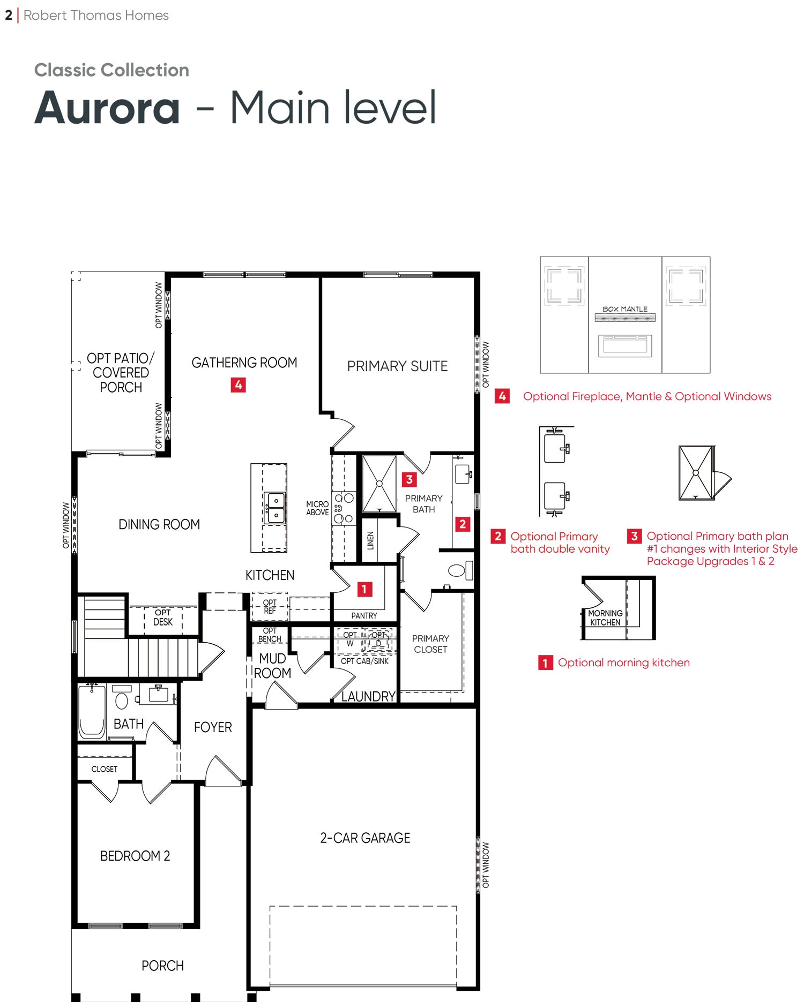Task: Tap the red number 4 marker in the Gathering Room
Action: [x=238, y=385]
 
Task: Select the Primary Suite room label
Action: [x=397, y=366]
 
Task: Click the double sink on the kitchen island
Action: [x=276, y=508]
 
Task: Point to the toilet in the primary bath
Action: [x=460, y=570]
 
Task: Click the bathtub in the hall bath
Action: [x=92, y=711]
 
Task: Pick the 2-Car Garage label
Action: [x=365, y=838]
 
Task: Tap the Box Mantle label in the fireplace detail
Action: [x=625, y=309]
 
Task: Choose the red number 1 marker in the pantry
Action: [x=364, y=589]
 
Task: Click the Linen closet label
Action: [x=370, y=541]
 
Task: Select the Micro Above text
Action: [x=317, y=508]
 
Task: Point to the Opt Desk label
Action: [x=163, y=617]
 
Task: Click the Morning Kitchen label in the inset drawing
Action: [x=605, y=617]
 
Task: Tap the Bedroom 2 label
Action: [x=135, y=856]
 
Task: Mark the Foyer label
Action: [x=213, y=727]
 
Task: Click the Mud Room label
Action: [x=272, y=666]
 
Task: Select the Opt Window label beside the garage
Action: [x=486, y=865]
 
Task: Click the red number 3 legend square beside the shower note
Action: [x=634, y=536]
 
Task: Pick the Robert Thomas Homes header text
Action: [x=96, y=16]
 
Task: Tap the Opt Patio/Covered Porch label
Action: [x=121, y=373]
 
